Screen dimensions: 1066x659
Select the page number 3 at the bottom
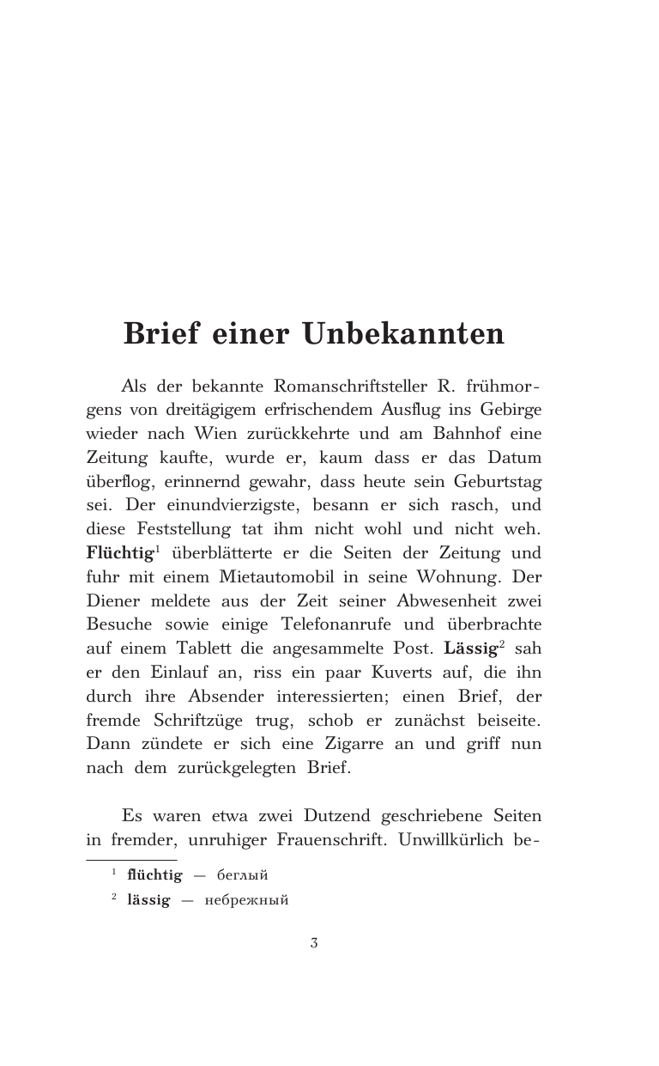pos(314,943)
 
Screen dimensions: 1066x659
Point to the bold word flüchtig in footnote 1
pos(154,875)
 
